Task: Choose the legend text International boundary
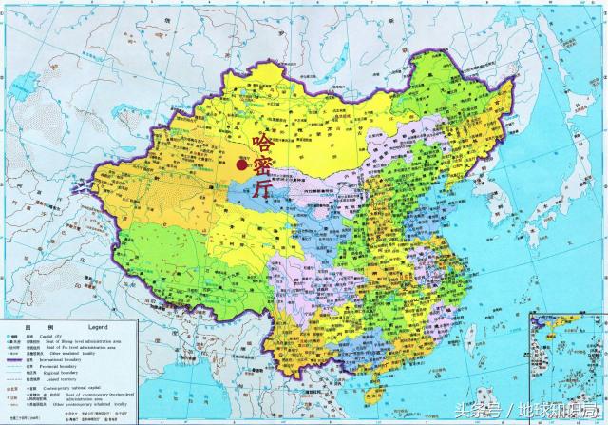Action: (x=85, y=359)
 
